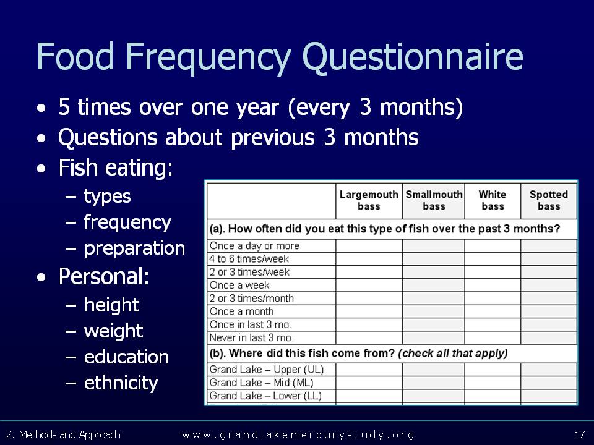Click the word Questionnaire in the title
(x=413, y=57)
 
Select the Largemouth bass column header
(x=369, y=200)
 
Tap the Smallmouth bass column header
(x=434, y=200)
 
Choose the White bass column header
(x=493, y=200)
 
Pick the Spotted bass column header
(x=549, y=200)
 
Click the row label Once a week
(x=239, y=285)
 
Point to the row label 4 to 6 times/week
(x=249, y=259)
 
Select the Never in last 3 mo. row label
(x=252, y=337)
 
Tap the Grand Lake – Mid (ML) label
(x=261, y=383)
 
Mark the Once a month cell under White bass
(x=493, y=311)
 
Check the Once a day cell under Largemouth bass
(x=369, y=245)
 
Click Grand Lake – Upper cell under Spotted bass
(x=549, y=370)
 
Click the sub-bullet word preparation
(x=134, y=249)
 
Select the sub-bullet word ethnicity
(x=121, y=383)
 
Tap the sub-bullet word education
(x=126, y=357)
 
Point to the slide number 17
(x=580, y=434)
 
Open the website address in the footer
(x=298, y=434)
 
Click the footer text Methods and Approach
(x=70, y=434)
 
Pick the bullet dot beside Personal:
(x=41, y=278)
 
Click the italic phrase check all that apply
(x=453, y=354)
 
